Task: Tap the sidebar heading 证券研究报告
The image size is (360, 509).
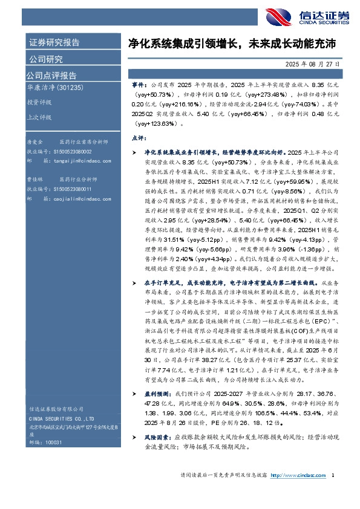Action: click(x=54, y=42)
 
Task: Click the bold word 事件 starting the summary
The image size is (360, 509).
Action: click(x=139, y=86)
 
